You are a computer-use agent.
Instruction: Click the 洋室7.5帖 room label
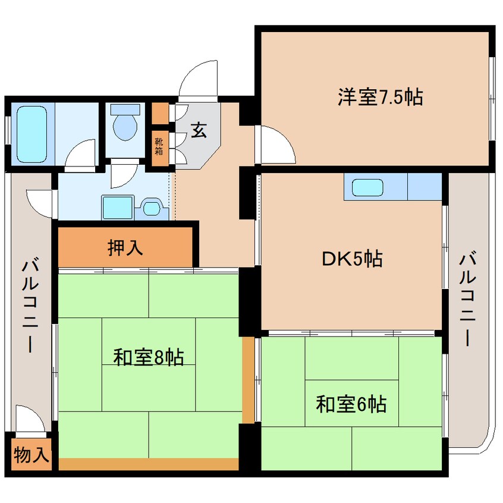381,96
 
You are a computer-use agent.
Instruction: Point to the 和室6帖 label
351,405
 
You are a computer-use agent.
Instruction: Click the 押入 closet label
125,247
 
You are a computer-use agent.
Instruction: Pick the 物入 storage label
31,455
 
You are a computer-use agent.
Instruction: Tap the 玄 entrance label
199,131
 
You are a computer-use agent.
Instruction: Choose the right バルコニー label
468,299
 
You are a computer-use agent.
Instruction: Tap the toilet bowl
125,125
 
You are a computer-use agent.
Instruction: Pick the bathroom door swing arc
80,154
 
